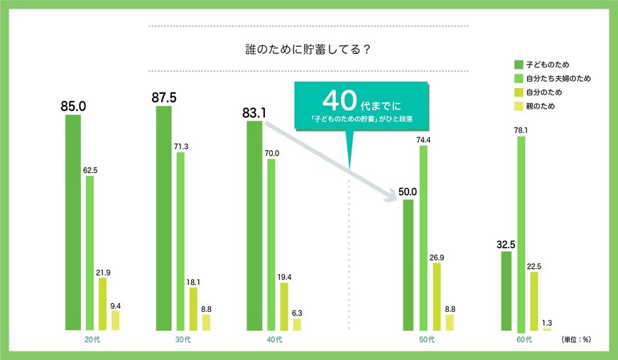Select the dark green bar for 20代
(73, 222)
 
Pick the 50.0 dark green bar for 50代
(408, 265)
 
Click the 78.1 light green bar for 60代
(521, 234)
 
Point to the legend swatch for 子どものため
(518, 65)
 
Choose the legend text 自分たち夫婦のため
(558, 78)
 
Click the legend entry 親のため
(540, 107)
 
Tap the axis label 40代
(274, 340)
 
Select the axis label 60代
(524, 340)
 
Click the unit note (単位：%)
(575, 339)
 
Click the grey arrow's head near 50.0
(393, 197)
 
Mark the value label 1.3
(546, 322)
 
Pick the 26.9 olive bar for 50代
(437, 296)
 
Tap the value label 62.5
(90, 170)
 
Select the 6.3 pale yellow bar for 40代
(297, 324)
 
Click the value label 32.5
(506, 244)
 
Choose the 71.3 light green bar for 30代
(180, 241)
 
